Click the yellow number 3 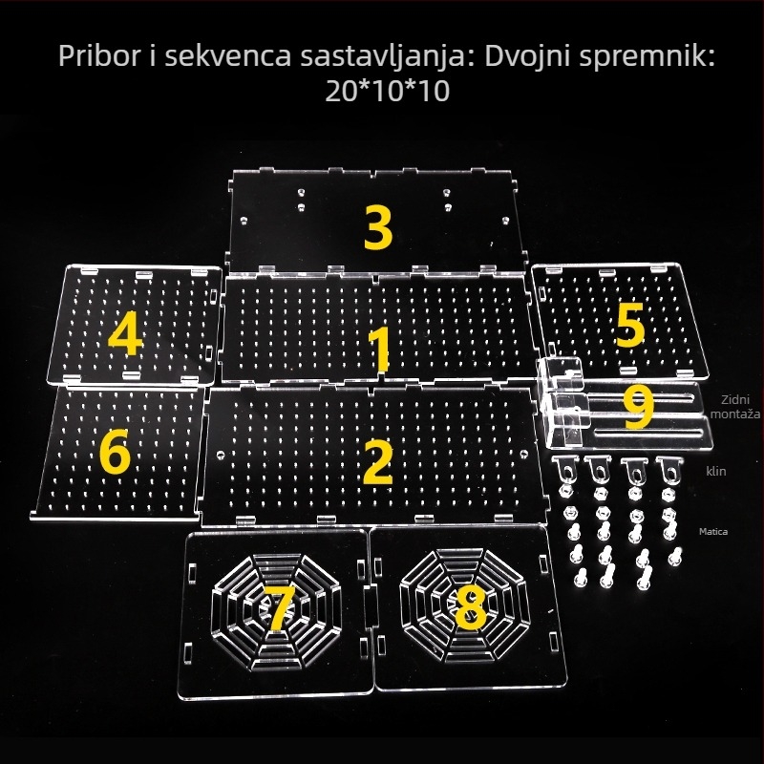[x=379, y=227]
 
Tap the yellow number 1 [x=379, y=350]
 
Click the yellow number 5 [x=629, y=327]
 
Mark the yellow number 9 [x=638, y=406]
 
